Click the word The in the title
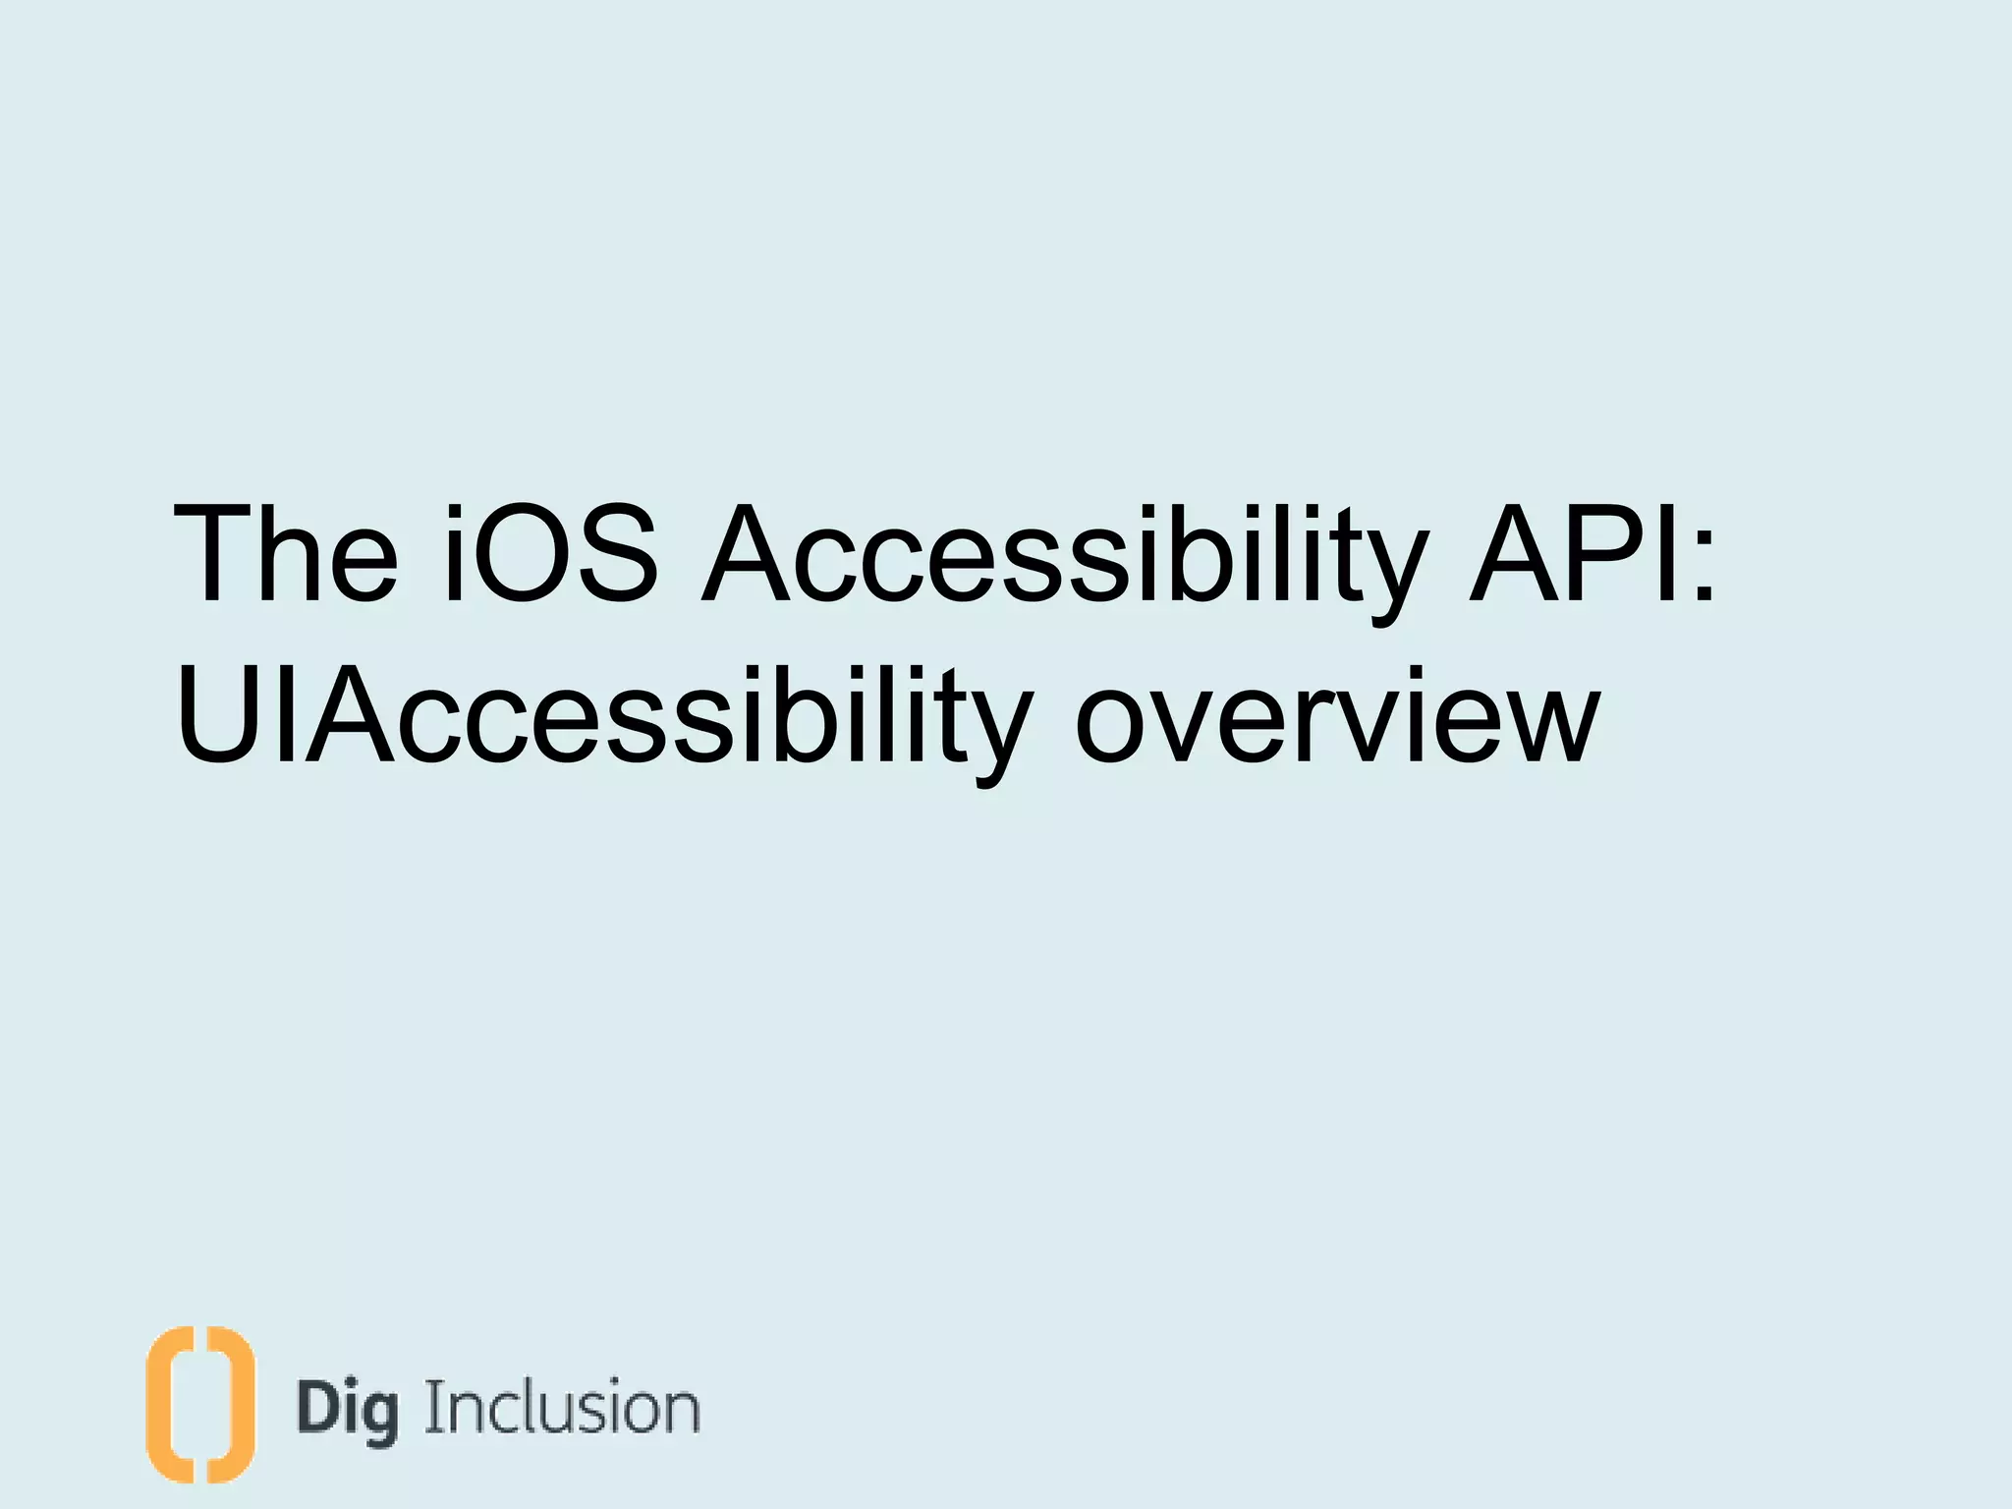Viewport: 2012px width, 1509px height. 285,554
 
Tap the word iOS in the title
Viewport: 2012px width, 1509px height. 550,554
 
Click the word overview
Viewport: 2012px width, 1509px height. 1337,717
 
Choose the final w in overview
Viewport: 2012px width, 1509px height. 1542,727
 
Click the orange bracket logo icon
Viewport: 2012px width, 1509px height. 199,1404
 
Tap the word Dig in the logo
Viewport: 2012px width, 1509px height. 348,1411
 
